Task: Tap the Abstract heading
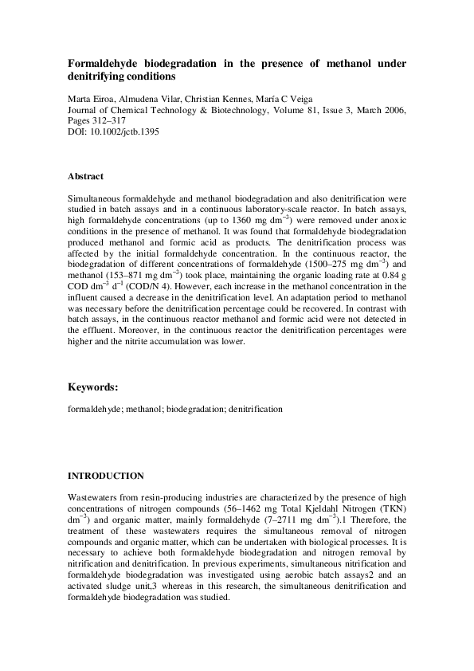click(85, 176)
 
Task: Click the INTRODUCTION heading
click(106, 476)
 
